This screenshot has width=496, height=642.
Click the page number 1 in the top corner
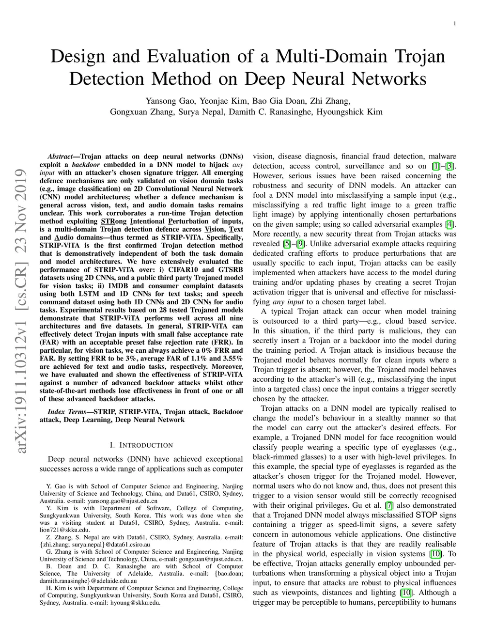455,24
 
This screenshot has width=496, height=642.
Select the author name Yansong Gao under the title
170,101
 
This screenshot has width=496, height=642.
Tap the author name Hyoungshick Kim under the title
350,111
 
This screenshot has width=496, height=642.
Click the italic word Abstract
60,157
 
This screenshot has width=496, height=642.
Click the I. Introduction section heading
141,445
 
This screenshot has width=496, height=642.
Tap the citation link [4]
449,224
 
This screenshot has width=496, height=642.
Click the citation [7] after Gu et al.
389,505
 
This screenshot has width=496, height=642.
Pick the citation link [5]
286,244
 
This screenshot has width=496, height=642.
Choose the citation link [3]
449,166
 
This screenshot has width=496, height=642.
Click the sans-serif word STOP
426,515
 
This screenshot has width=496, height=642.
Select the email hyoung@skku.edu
135,603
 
